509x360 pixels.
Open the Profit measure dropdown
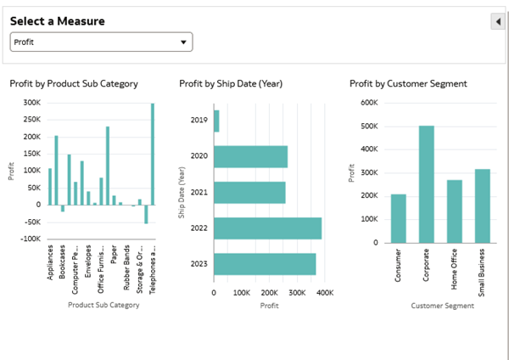101,42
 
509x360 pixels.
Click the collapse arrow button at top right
498,21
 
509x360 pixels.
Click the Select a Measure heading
57,21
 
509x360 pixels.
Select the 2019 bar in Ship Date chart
216,121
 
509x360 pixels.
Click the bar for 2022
267,228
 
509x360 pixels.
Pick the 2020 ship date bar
250,156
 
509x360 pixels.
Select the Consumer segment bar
398,218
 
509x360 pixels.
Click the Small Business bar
483,205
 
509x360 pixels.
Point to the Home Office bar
455,211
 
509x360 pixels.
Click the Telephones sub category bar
153,154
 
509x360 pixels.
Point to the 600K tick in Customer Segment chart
369,103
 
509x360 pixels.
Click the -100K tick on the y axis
30,239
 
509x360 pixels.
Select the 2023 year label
199,263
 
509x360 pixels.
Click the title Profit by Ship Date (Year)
231,83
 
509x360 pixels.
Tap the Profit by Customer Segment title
408,83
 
